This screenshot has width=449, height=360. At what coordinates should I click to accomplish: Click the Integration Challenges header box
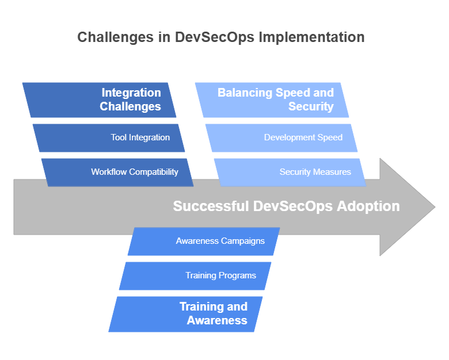100,99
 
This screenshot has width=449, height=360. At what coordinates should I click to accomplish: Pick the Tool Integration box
109,137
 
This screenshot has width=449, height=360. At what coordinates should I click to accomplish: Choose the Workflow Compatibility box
117,172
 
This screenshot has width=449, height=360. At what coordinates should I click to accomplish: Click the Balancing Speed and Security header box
272,99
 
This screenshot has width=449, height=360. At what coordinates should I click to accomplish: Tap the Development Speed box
281,137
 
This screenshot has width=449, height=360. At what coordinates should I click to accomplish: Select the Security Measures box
290,172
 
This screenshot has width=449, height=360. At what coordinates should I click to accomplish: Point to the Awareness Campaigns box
204,241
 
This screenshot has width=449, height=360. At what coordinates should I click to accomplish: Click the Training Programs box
195,275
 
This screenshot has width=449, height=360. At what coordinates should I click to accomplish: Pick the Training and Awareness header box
186,314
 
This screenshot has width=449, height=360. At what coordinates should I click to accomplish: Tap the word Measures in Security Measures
332,172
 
